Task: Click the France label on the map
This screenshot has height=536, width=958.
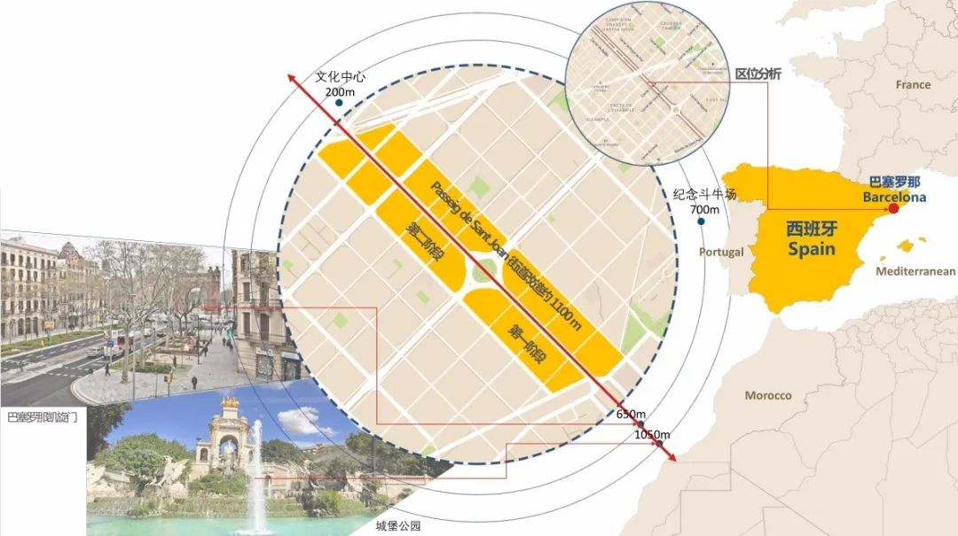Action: (913, 85)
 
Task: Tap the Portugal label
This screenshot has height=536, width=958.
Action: (720, 252)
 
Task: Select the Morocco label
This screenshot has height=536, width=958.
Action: (767, 395)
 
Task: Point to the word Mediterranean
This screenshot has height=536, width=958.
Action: (915, 272)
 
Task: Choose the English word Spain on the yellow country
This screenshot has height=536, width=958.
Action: (812, 249)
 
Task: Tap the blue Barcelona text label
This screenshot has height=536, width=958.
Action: (894, 198)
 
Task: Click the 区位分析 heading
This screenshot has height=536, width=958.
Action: (758, 74)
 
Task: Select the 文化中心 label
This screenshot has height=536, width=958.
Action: (341, 77)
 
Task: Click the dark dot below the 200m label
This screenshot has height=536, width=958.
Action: (338, 103)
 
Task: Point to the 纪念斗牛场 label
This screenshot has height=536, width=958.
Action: (702, 195)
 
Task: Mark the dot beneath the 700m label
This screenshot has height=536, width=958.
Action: (701, 221)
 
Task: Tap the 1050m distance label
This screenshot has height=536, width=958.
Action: (652, 434)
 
